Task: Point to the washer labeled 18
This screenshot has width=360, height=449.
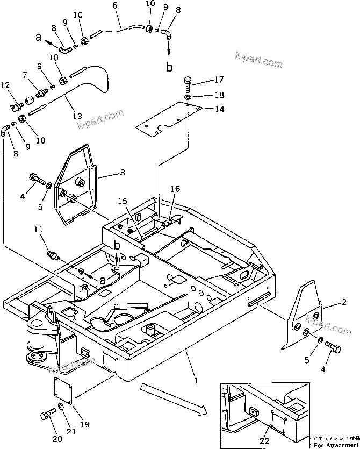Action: (x=188, y=96)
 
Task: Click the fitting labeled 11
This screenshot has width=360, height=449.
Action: (x=52, y=253)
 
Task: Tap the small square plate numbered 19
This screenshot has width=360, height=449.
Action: (x=63, y=390)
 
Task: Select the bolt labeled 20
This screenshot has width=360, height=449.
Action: (x=46, y=415)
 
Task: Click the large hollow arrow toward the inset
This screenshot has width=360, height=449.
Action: (x=172, y=400)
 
